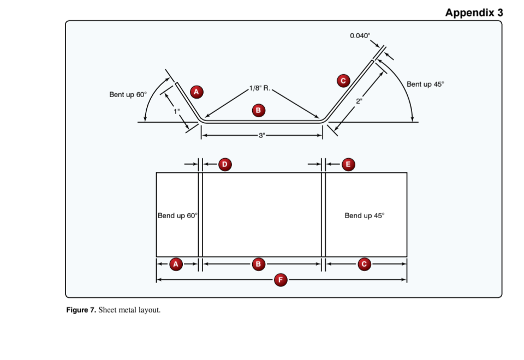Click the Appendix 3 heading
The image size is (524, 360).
(473, 12)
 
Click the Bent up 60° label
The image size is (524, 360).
(128, 94)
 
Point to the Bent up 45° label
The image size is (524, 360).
(425, 84)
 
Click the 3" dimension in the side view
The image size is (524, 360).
(261, 135)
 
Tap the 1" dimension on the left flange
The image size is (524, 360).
(176, 111)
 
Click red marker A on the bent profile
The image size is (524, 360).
(196, 91)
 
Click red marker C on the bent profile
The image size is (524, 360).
(343, 81)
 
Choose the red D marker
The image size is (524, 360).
(224, 164)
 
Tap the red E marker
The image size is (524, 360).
(348, 164)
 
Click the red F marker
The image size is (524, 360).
(281, 280)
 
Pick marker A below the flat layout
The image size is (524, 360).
(176, 264)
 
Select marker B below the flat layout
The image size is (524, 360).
(258, 264)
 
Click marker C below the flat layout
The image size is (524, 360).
(365, 264)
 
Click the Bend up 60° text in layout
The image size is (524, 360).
(177, 215)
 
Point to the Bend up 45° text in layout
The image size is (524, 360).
(364, 215)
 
